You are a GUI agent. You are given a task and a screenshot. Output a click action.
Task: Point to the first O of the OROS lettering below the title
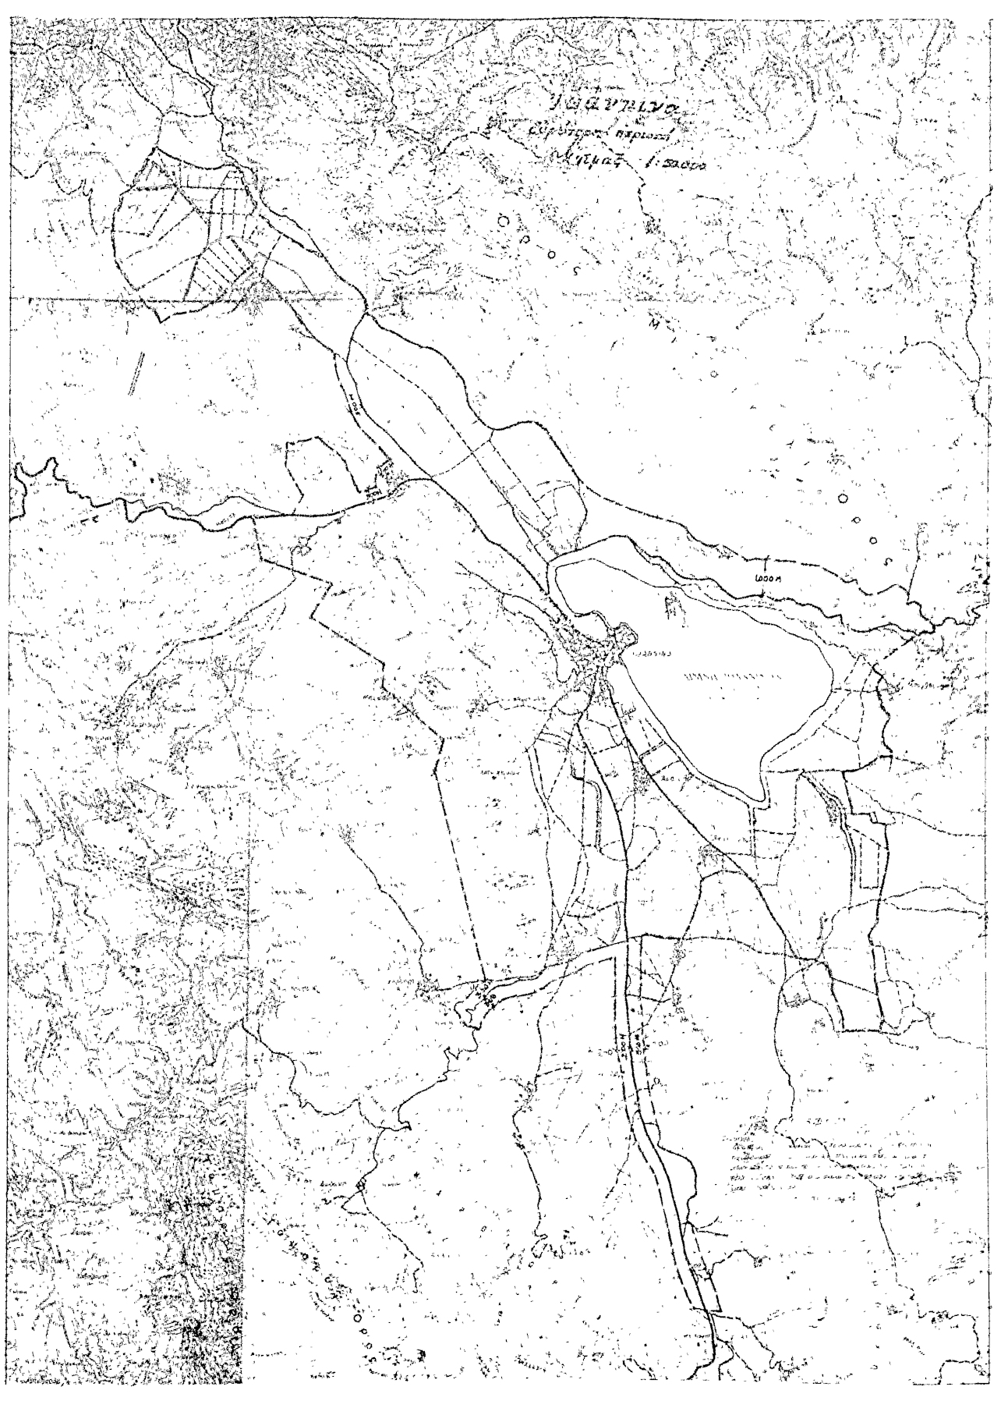click(x=504, y=221)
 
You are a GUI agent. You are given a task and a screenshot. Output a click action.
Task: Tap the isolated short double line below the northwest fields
click(x=137, y=371)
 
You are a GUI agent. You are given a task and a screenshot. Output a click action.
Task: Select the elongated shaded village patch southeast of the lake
click(x=834, y=811)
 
